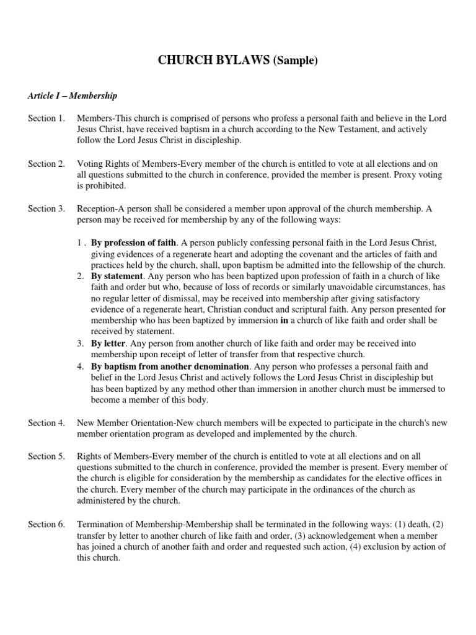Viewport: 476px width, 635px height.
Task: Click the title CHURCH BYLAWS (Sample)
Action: [238, 61]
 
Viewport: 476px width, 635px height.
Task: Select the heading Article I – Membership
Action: [73, 96]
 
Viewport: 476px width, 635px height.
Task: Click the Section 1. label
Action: [46, 118]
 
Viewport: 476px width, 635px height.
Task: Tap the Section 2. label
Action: [46, 164]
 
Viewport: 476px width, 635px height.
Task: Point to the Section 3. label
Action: [46, 209]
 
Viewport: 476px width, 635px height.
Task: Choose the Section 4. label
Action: [46, 422]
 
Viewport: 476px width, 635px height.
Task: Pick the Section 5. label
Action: [46, 456]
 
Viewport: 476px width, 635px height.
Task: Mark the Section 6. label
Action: [46, 524]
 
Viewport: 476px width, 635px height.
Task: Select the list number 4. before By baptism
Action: [81, 366]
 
